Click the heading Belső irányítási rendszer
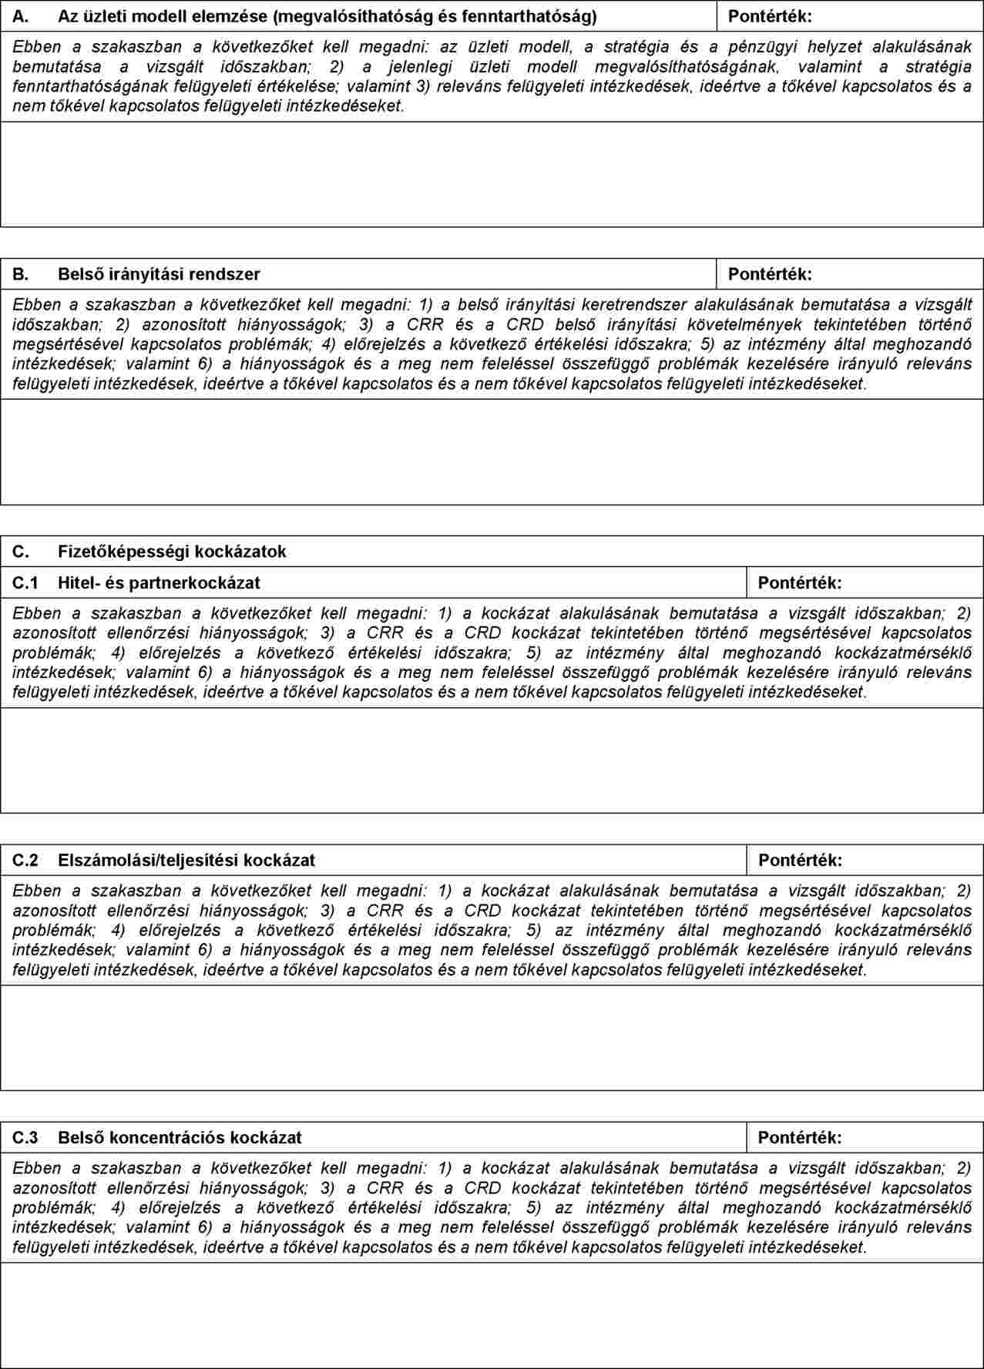[x=159, y=274]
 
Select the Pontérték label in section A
[x=770, y=16]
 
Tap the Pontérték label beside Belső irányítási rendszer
[x=770, y=274]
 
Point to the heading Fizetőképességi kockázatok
[x=172, y=552]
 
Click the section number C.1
[x=25, y=582]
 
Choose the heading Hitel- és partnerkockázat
[x=159, y=582]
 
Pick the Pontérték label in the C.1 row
[x=800, y=582]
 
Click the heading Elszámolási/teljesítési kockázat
[x=186, y=860]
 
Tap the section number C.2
[x=25, y=860]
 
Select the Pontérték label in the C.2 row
[x=800, y=860]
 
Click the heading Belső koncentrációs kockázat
[x=180, y=1137]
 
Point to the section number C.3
[x=25, y=1137]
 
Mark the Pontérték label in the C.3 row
[x=800, y=1137]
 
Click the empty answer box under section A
[x=492, y=174]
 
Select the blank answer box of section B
[x=492, y=452]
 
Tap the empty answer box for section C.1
[x=492, y=760]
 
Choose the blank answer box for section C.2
[x=492, y=1038]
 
